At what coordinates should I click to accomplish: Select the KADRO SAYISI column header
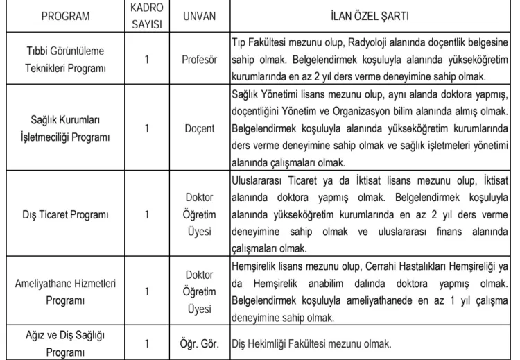(147, 15)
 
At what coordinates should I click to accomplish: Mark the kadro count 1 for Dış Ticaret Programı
(147, 213)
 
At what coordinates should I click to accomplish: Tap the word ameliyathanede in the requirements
(367, 302)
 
